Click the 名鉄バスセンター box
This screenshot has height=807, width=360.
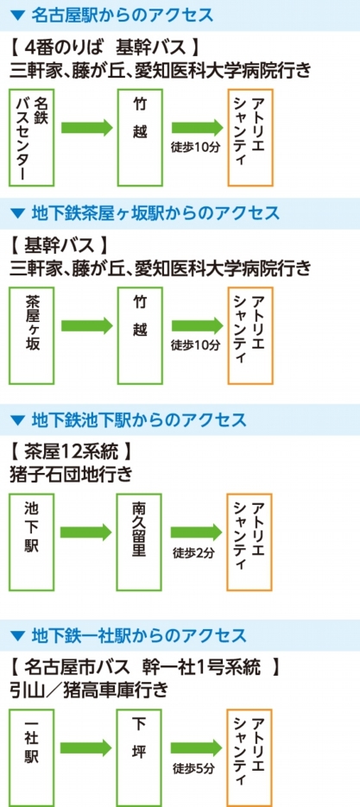[31, 137]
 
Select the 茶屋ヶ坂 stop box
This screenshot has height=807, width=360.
[31, 336]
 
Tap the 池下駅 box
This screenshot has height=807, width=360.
[31, 542]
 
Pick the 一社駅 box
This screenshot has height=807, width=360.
[31, 758]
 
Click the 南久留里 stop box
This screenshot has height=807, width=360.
[139, 542]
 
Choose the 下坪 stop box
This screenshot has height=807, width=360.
[139, 758]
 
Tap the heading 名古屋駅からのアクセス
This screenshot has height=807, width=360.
[122, 15]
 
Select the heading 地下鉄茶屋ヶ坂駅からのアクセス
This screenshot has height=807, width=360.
[155, 212]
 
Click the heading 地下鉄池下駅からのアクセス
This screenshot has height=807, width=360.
[138, 420]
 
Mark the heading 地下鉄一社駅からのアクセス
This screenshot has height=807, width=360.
[138, 635]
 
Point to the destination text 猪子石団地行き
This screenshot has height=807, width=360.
[71, 474]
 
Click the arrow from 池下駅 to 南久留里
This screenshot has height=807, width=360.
[86, 533]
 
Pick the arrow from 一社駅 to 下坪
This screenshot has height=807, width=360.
[86, 747]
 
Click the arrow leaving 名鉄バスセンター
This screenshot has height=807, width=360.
[87, 127]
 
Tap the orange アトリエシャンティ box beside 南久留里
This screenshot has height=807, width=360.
[249, 542]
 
